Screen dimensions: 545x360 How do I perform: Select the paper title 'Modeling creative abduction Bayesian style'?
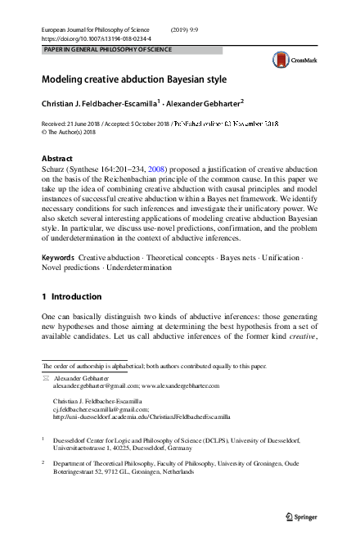(x=134, y=80)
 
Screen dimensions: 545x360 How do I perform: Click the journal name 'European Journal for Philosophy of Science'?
(x=94, y=29)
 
